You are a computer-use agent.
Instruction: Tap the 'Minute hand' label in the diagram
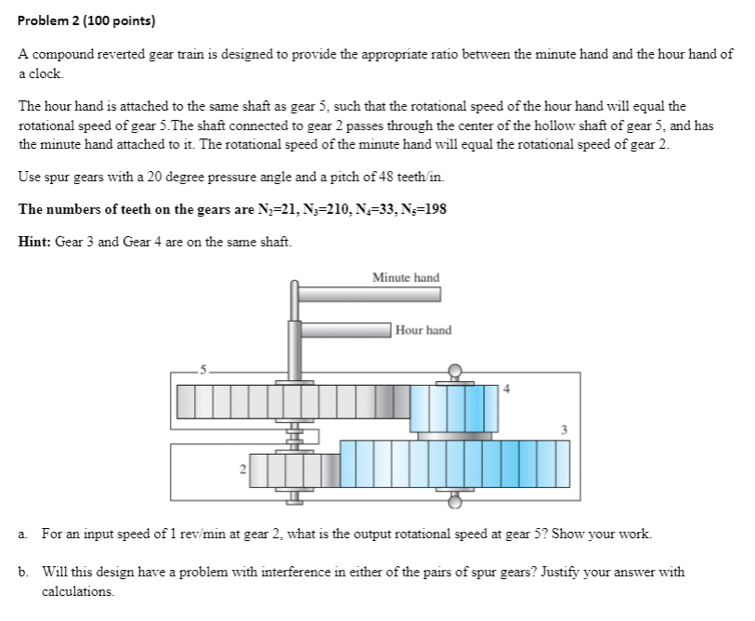406,278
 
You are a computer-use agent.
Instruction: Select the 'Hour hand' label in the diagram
423,330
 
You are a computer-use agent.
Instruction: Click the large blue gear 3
454,464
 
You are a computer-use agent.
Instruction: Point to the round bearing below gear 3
454,503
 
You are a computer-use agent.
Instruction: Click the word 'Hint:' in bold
35,242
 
